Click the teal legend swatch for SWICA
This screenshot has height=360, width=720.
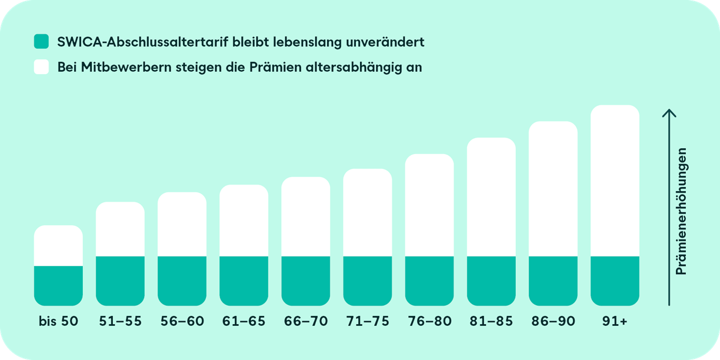coord(41,42)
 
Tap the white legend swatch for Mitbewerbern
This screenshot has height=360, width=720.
coord(41,67)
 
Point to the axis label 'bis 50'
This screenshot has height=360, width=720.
coord(58,322)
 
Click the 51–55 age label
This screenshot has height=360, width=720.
coord(120,322)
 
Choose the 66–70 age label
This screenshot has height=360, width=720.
coord(306,322)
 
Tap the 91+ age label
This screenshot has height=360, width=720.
coord(615,322)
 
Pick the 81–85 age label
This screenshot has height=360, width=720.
coord(491,322)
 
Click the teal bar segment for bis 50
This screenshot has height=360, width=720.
coord(58,285)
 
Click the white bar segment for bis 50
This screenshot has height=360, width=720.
coord(58,246)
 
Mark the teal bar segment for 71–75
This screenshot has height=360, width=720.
coord(368,281)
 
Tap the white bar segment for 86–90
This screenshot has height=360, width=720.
coord(553,189)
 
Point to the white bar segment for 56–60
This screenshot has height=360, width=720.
coord(182,224)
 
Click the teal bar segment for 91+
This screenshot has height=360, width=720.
coord(615,281)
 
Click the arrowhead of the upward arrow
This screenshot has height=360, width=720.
coord(669,112)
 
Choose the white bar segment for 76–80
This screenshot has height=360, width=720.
coord(429,205)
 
